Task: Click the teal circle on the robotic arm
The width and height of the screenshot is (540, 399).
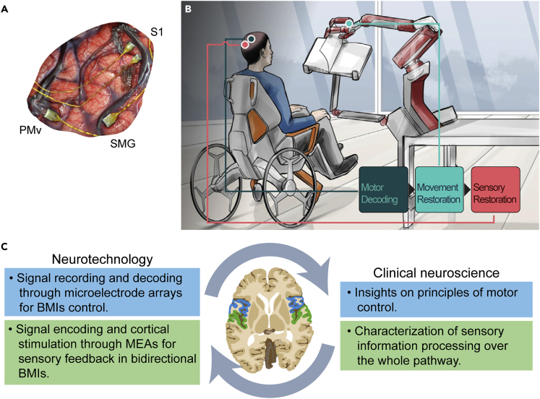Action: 349,25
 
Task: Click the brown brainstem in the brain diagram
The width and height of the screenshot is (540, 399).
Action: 271,358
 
